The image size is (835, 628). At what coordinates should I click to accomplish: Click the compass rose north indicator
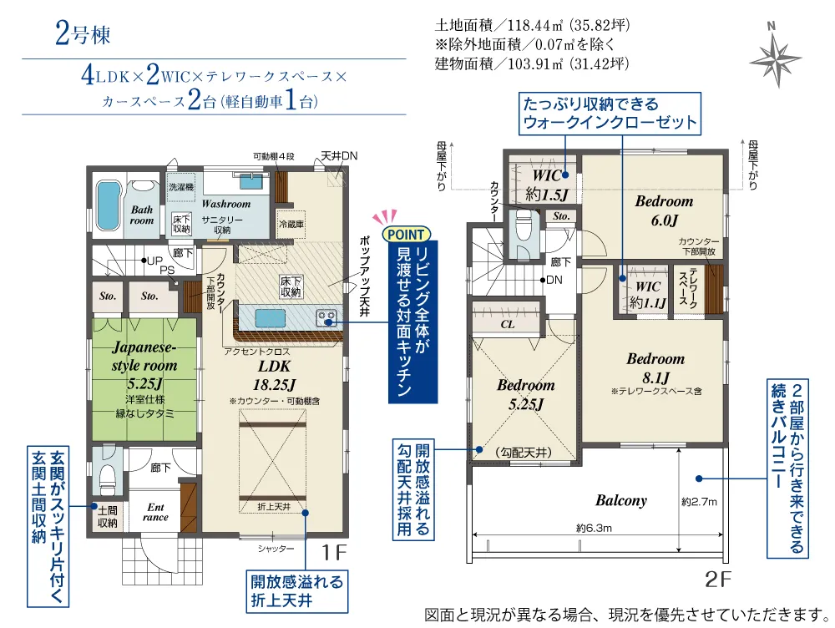pos(775,54)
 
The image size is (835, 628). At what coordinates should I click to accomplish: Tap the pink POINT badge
pos(406,235)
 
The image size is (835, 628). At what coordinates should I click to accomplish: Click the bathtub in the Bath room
pos(108,206)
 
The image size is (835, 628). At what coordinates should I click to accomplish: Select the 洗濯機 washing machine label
pos(181,187)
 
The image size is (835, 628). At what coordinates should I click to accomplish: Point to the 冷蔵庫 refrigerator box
pos(291,225)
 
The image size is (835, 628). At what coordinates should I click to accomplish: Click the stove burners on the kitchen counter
pos(326,318)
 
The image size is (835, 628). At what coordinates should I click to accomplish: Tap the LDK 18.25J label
pos(274,375)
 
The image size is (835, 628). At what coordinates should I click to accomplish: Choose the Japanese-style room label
pos(144,366)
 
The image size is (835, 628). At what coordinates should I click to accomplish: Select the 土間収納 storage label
pos(107,517)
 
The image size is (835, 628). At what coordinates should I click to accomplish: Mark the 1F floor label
pos(335,552)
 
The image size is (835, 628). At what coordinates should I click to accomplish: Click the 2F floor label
pos(718,580)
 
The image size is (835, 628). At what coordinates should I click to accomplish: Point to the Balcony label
pos(621,501)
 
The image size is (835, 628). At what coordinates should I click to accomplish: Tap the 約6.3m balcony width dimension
pos(594,529)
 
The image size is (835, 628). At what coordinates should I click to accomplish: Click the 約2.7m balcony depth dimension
pos(699,502)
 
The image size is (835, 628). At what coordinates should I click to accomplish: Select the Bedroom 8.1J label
pos(655,368)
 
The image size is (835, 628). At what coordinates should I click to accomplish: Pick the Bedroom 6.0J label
pos(664,210)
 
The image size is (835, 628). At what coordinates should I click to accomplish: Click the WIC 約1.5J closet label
pos(546,185)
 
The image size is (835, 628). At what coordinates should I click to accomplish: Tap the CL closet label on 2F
pos(508,324)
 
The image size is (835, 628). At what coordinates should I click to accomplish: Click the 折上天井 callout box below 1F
pos(296,591)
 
